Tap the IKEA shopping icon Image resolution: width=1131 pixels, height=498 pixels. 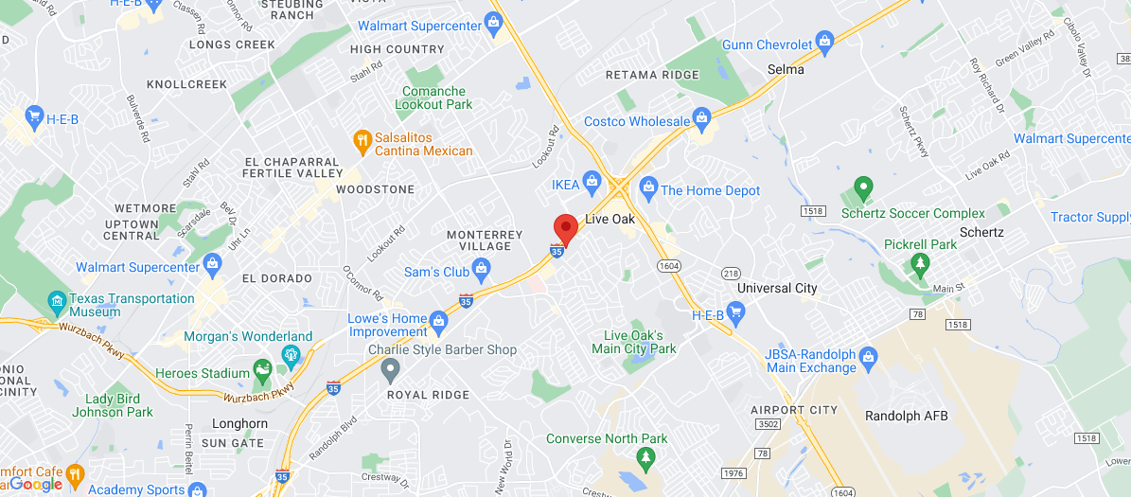pyautogui.click(x=592, y=181)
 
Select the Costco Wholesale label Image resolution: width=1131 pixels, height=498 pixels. pyautogui.click(x=637, y=121)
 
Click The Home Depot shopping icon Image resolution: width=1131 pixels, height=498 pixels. pyautogui.click(x=648, y=186)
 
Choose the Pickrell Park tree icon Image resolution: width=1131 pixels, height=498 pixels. pyautogui.click(x=918, y=262)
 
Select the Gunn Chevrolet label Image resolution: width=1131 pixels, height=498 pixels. pyautogui.click(x=767, y=44)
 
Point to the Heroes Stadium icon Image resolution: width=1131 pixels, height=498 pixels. pyautogui.click(x=262, y=370)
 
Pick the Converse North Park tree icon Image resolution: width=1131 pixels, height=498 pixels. pyautogui.click(x=646, y=459)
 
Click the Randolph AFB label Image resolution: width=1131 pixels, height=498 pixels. pyautogui.click(x=906, y=416)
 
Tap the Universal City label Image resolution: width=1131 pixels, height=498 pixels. pyautogui.click(x=777, y=288)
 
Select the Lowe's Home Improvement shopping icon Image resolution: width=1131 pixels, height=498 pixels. pyautogui.click(x=438, y=322)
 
